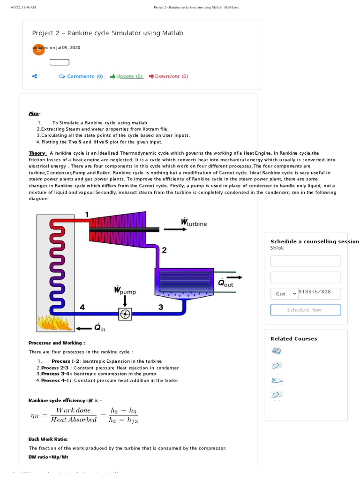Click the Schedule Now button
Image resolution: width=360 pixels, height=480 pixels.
click(x=305, y=310)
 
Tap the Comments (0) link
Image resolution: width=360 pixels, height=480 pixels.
click(x=81, y=76)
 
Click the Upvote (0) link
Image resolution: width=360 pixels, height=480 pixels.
click(x=127, y=76)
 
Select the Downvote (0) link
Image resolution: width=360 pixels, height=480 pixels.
click(x=168, y=76)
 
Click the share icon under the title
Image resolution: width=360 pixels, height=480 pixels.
click(x=35, y=76)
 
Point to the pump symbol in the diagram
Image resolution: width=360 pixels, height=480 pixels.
click(x=125, y=314)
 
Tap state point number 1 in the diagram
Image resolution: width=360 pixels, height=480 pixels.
click(x=87, y=215)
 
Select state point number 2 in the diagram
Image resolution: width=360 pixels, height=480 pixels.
click(x=164, y=250)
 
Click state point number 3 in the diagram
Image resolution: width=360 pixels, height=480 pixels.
click(x=160, y=307)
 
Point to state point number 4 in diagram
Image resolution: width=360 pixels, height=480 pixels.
click(x=82, y=307)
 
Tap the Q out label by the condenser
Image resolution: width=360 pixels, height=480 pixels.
click(x=225, y=282)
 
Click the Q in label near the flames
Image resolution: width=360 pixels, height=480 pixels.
click(x=99, y=328)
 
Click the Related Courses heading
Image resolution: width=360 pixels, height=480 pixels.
click(x=293, y=338)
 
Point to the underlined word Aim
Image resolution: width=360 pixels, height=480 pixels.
click(x=34, y=113)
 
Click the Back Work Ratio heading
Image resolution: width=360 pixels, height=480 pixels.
click(x=48, y=439)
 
